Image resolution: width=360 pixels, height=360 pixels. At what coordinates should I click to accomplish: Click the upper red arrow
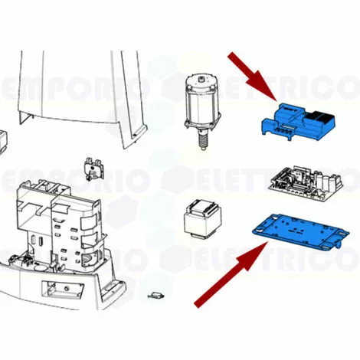click(252, 76)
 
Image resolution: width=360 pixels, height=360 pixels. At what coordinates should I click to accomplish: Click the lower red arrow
click(231, 274)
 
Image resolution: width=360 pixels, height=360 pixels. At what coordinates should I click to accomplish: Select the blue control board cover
click(298, 122)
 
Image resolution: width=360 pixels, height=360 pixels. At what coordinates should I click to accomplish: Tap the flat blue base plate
click(301, 231)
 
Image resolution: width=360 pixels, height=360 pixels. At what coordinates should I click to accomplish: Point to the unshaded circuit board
click(306, 183)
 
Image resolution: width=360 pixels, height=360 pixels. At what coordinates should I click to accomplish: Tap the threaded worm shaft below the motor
click(203, 139)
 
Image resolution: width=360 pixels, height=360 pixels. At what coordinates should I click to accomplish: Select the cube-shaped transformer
click(203, 220)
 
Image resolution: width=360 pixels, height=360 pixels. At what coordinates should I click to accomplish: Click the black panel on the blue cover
click(319, 116)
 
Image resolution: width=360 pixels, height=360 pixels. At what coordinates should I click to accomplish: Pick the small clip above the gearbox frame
click(94, 169)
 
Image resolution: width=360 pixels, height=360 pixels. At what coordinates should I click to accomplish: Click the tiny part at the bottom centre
click(156, 296)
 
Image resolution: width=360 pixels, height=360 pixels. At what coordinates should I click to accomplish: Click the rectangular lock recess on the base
click(63, 290)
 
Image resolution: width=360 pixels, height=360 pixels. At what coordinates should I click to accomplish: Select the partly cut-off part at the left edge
click(4, 142)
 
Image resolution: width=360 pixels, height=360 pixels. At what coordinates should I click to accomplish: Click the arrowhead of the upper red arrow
click(266, 88)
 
